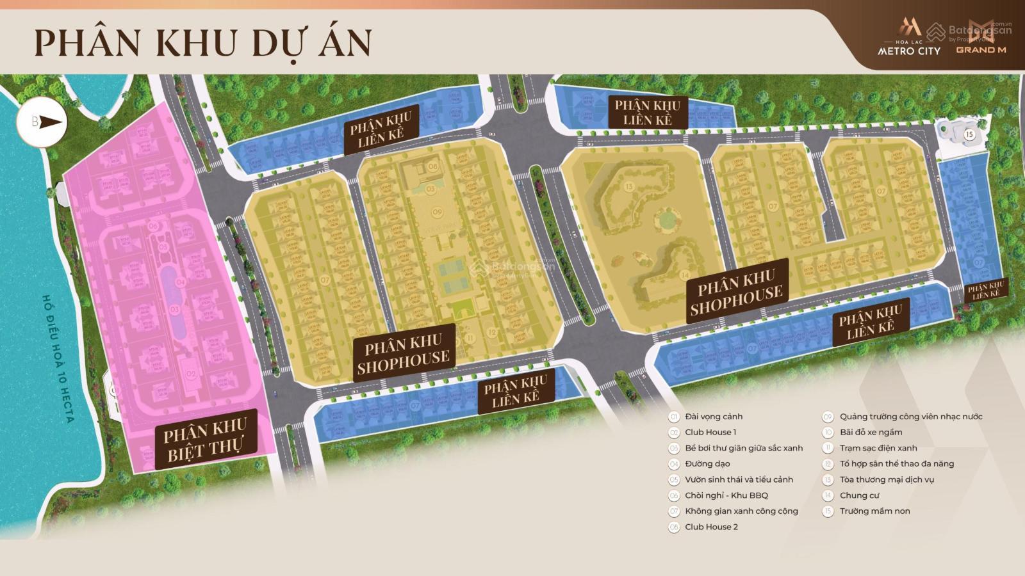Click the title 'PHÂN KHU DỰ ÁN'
(x=202, y=43)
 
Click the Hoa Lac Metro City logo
(x=908, y=38)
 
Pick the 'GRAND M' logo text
(x=981, y=49)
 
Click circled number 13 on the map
(x=629, y=187)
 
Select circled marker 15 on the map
(x=969, y=134)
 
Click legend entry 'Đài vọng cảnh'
(x=714, y=417)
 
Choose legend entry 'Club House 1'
(x=710, y=432)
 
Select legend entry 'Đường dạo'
(x=707, y=464)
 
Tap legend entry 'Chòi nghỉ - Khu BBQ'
(x=726, y=495)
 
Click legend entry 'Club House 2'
(x=711, y=527)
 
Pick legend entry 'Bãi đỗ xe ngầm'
(x=871, y=432)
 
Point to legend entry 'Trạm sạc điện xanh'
(x=878, y=448)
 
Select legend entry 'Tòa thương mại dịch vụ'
(x=887, y=479)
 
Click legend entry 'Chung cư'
(x=859, y=495)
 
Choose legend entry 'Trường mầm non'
(x=874, y=511)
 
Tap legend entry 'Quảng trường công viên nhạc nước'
(x=911, y=417)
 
